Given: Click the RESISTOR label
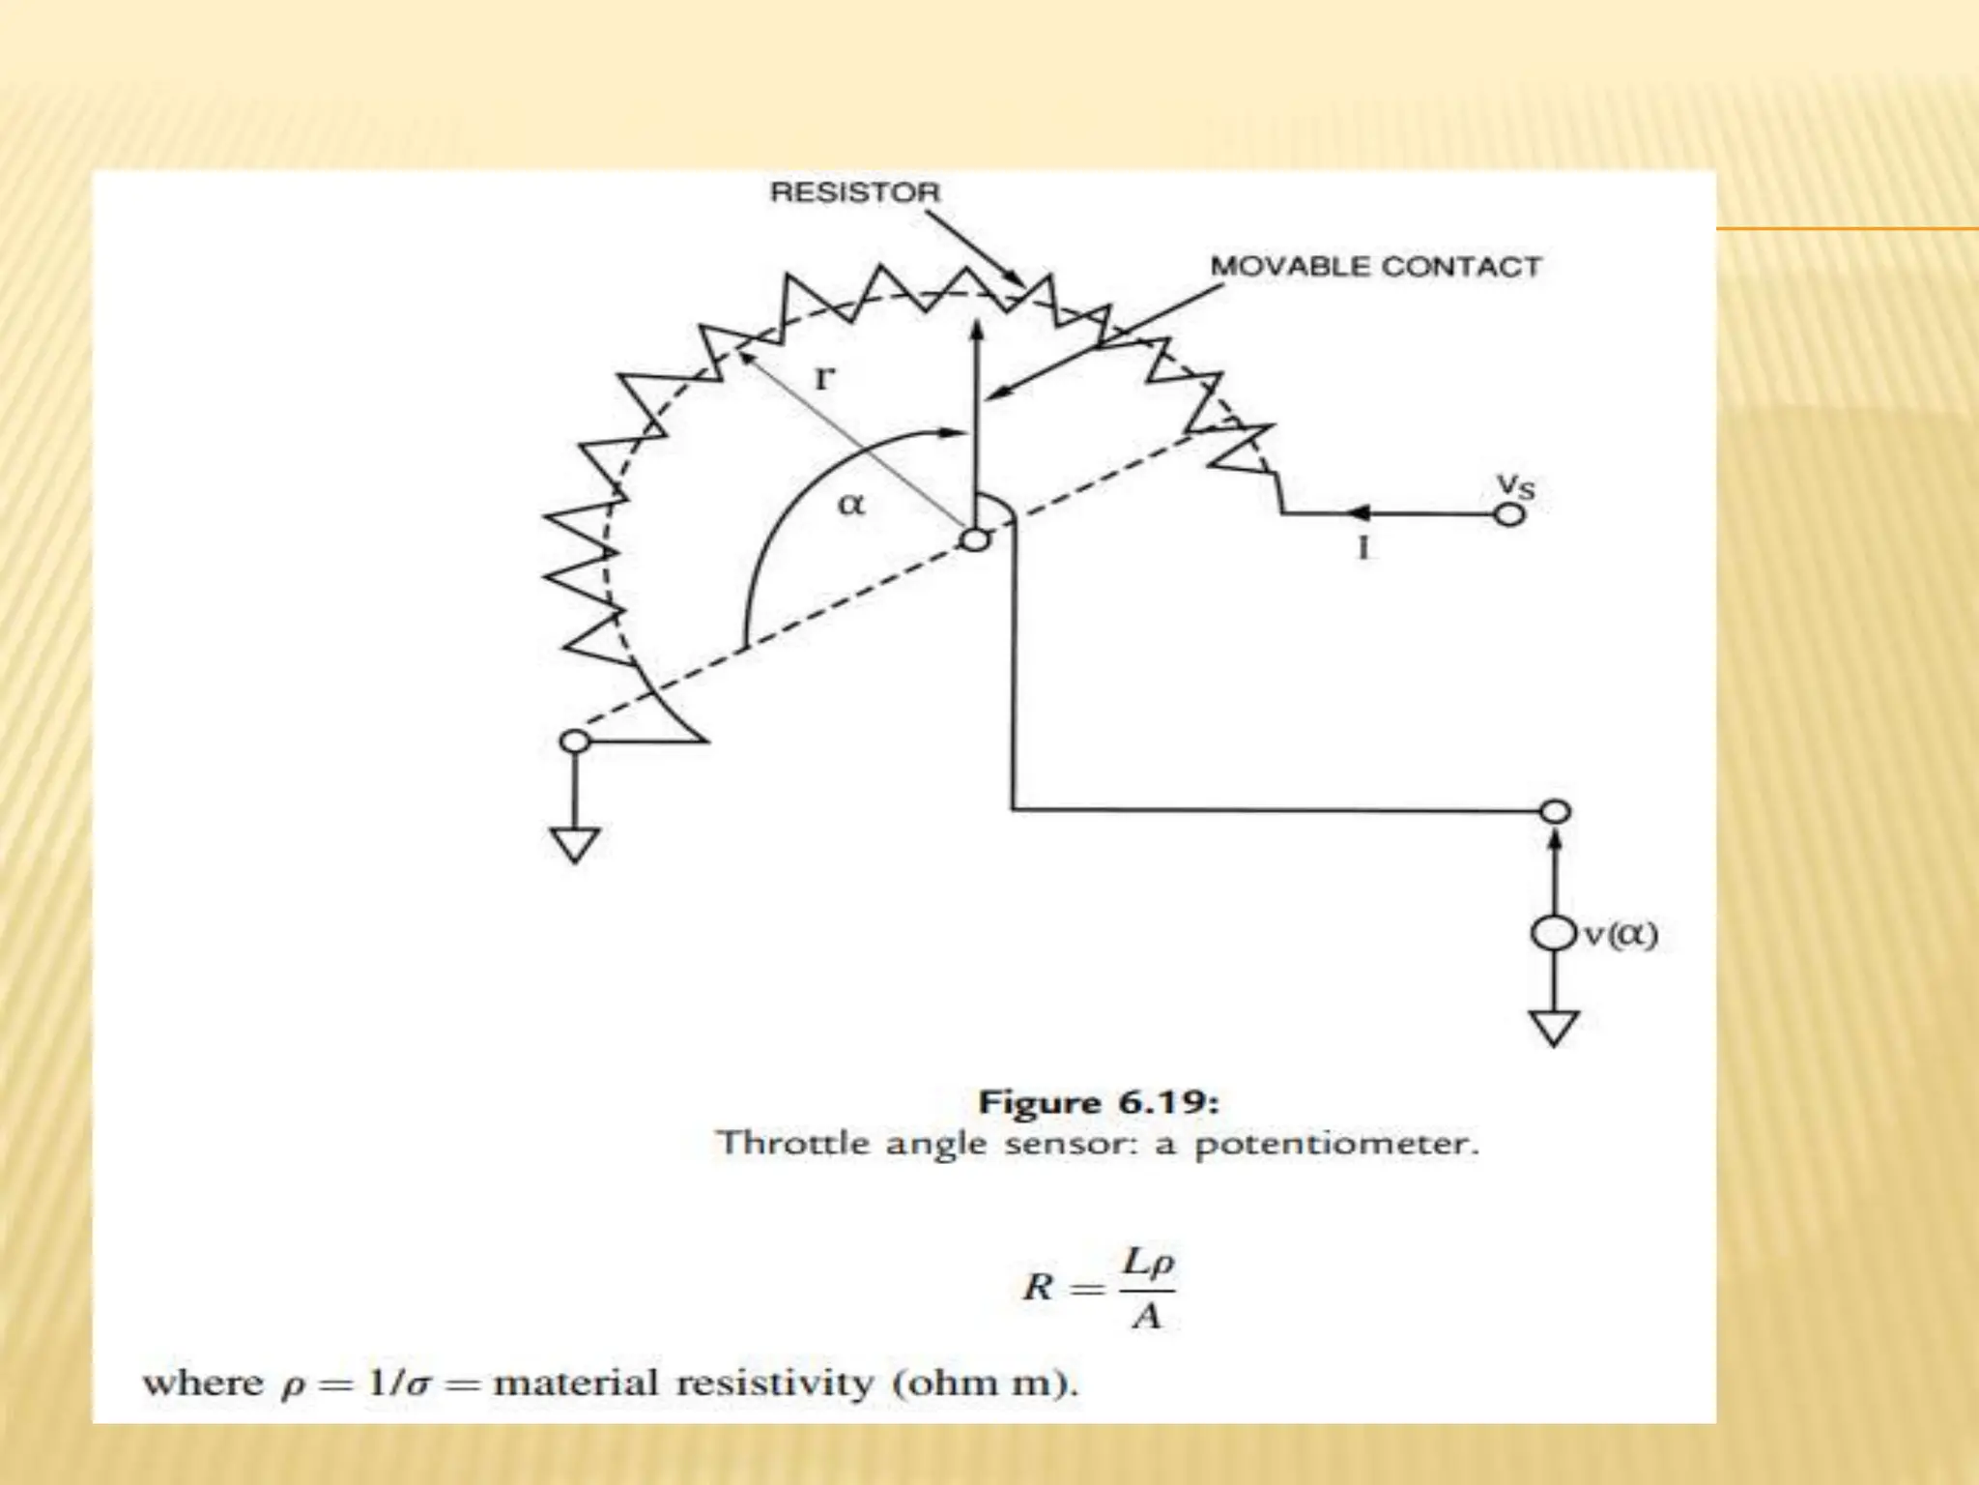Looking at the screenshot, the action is (854, 192).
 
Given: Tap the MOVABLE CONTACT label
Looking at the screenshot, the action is (1375, 267).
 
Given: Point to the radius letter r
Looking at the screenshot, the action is (822, 377).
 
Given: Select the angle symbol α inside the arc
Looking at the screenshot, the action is (850, 504).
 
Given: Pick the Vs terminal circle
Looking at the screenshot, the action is (1509, 515).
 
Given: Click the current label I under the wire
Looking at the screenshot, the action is (1363, 549).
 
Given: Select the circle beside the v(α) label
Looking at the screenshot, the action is (1554, 934).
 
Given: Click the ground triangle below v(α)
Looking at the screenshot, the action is (1554, 1027).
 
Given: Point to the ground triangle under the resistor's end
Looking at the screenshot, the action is (575, 844).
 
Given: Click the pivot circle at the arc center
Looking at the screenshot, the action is (976, 539).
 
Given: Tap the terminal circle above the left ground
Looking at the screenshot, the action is (575, 742).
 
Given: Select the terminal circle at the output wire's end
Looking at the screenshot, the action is (1555, 811).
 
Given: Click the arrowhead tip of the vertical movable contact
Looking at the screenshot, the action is (977, 324).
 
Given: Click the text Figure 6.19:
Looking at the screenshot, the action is (1099, 1102).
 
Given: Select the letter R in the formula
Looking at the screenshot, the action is (1038, 1287).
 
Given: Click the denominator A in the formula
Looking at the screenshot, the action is (1146, 1317).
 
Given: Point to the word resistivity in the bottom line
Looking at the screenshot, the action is (775, 1383).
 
